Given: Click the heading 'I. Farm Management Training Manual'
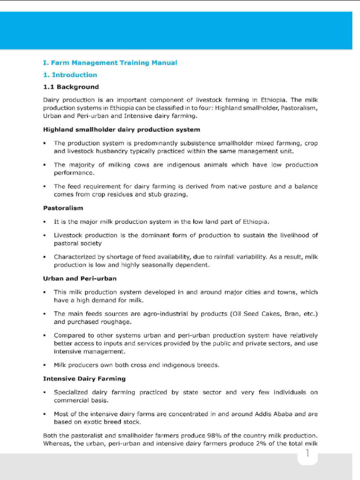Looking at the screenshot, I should point(110,62).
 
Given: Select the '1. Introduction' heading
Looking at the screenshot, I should point(70,75).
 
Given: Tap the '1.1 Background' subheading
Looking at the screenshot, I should point(71,87).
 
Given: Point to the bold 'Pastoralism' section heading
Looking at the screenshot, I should point(63,207).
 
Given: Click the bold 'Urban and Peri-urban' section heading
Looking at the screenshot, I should point(80,278).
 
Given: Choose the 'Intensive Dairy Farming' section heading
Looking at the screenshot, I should point(84,378).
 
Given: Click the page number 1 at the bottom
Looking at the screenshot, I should point(307,453).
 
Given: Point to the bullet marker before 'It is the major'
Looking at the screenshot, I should point(44,222).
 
